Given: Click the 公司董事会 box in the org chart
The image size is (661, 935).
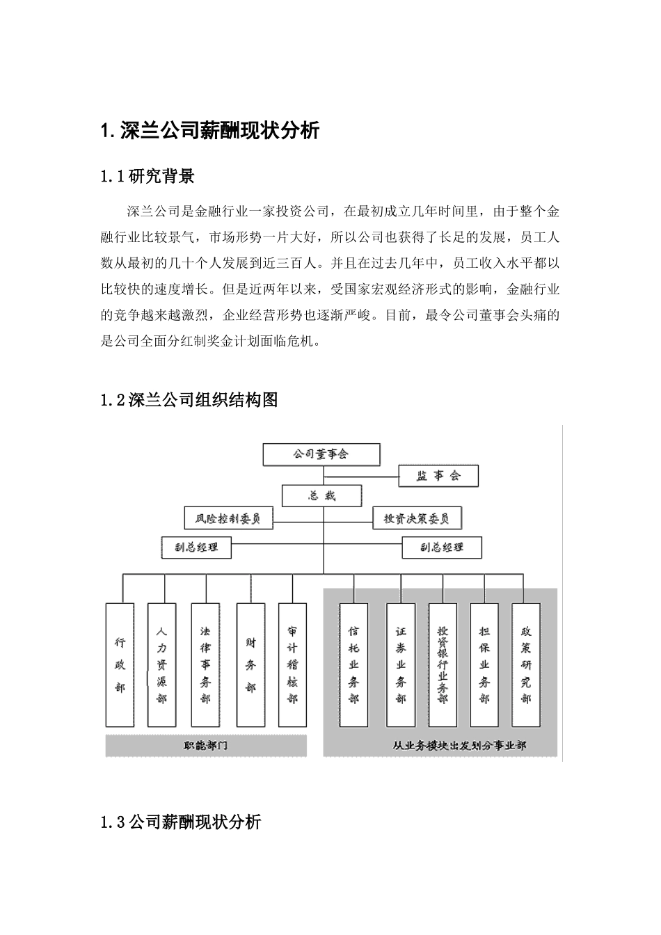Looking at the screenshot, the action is (x=321, y=454).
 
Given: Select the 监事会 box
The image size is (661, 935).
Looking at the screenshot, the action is (x=438, y=476).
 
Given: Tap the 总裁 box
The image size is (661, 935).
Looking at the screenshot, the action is (x=321, y=497).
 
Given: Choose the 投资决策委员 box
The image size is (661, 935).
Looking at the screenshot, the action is (x=416, y=518).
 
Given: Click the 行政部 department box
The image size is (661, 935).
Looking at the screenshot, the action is (x=120, y=664).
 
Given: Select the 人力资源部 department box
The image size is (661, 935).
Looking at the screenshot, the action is (x=161, y=664).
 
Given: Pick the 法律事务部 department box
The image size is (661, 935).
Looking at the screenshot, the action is (x=205, y=664).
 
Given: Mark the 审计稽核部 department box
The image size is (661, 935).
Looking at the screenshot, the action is (x=292, y=664).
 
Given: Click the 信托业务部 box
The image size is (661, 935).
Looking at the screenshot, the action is (x=353, y=664).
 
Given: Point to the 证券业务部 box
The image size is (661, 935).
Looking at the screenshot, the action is (x=401, y=664).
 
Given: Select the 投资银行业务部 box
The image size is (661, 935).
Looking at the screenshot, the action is (x=443, y=664).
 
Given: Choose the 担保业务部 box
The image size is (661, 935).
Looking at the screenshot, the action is (x=485, y=664).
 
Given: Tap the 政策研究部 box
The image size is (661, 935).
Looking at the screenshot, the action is (x=526, y=664).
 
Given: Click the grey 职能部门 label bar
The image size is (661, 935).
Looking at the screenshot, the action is (x=206, y=746).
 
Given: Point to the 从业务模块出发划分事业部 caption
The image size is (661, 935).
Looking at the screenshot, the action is (x=459, y=746).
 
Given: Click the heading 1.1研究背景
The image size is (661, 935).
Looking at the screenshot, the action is (x=148, y=177).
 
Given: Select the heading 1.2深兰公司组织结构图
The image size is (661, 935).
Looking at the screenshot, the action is (x=189, y=400).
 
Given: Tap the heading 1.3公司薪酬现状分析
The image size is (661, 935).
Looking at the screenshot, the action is (x=181, y=822).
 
